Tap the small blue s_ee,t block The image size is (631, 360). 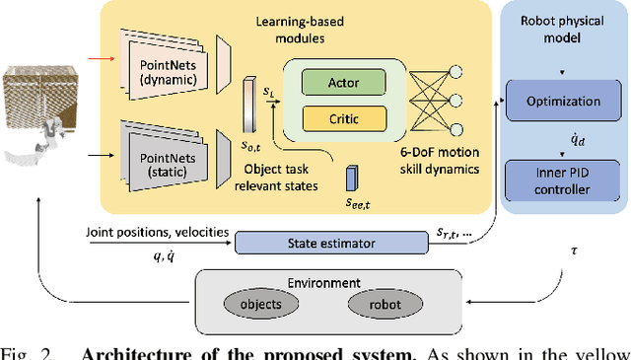coord(352,180)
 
